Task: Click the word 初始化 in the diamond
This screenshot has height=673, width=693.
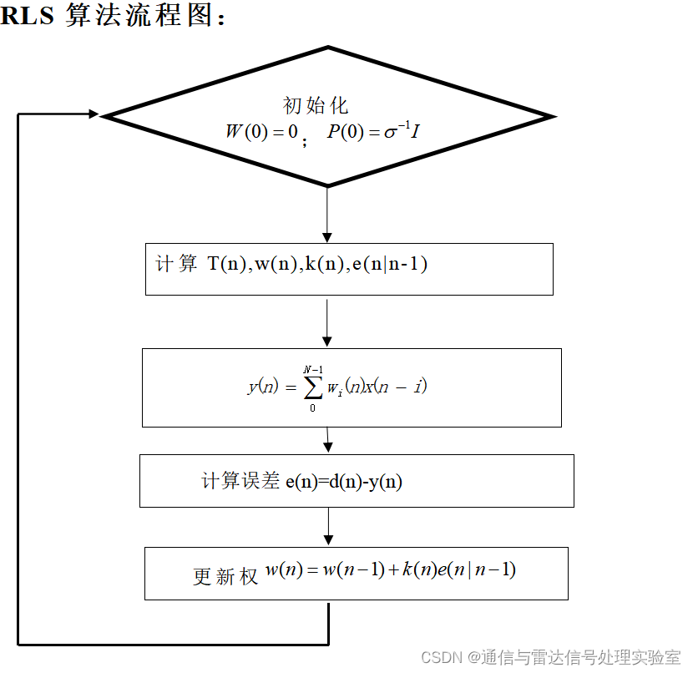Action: tap(316, 105)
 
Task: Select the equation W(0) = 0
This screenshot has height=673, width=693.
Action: tap(261, 131)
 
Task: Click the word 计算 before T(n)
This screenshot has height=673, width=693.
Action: tap(176, 265)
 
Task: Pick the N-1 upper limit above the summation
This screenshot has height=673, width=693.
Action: tap(313, 368)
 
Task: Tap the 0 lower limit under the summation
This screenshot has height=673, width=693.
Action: tap(313, 407)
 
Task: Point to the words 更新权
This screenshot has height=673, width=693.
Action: tap(225, 576)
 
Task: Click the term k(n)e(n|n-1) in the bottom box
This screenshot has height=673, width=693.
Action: tap(458, 570)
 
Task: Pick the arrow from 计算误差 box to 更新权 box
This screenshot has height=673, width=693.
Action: tap(328, 526)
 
